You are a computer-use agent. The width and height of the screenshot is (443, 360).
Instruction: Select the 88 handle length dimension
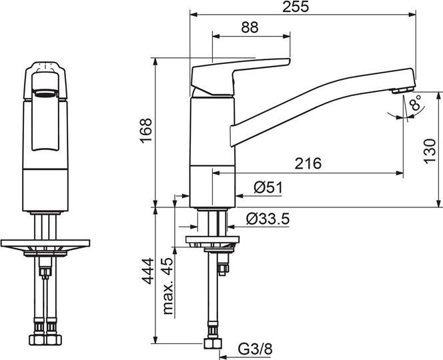pyautogui.click(x=250, y=27)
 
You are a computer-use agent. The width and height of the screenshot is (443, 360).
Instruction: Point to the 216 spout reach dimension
pyautogui.click(x=308, y=163)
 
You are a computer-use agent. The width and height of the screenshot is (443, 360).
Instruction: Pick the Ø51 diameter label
pyautogui.click(x=268, y=189)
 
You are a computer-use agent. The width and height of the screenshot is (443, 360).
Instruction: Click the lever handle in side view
pyautogui.click(x=240, y=73)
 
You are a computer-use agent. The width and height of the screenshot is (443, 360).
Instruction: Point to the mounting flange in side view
pyautogui.click(x=211, y=241)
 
